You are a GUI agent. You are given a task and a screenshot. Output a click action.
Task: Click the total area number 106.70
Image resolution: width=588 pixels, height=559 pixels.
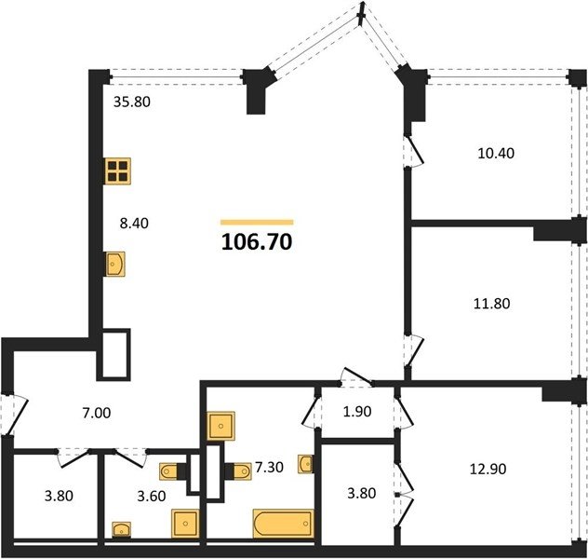[257, 242]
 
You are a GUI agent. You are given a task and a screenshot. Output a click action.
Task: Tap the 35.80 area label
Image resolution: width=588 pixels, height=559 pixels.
[132, 102]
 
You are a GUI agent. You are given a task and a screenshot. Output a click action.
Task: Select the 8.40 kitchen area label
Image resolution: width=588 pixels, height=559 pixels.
[134, 223]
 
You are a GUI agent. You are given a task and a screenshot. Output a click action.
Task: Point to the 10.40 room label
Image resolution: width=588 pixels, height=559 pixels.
[496, 153]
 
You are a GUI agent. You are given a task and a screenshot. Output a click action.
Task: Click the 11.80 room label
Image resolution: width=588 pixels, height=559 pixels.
[491, 304]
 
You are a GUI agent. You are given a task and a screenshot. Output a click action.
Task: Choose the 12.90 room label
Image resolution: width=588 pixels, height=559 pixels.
[488, 469]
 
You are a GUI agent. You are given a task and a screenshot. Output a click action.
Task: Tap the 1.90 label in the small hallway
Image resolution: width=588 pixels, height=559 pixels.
[357, 412]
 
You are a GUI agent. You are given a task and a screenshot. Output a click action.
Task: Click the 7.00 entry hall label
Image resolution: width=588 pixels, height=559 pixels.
[97, 413]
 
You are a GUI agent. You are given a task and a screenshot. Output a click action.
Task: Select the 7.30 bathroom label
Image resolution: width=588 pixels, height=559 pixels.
[269, 467]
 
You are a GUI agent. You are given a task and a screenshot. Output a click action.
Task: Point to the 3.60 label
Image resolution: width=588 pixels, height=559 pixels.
[151, 497]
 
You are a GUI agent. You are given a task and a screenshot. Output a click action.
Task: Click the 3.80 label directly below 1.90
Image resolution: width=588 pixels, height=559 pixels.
[362, 493]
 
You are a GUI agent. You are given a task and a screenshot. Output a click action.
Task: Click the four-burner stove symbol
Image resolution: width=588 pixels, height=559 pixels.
[118, 171]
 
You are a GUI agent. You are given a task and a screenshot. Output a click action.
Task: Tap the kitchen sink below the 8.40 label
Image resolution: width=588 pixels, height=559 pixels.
[114, 264]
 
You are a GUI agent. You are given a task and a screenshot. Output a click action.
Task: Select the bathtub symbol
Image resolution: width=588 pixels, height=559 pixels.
[284, 524]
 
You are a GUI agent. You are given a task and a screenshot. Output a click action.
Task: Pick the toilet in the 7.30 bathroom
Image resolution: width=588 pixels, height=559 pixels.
[238, 471]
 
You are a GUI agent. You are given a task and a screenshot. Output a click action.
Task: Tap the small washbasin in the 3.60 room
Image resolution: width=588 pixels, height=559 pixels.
[122, 530]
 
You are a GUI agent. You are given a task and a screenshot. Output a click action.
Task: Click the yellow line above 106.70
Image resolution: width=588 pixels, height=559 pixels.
[257, 223]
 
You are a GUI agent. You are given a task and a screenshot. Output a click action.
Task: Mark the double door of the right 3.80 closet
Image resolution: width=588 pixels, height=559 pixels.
[404, 495]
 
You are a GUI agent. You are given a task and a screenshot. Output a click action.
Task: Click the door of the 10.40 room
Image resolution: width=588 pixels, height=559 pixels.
[413, 151]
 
